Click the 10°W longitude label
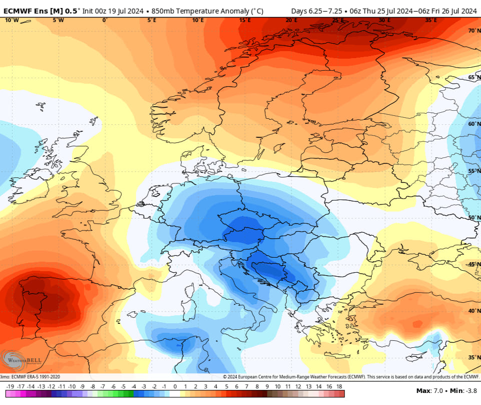tap(12, 20)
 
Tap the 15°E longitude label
tap(245, 20)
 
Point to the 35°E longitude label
tap(431, 20)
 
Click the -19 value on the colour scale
tap(10, 386)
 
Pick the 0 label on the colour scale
tap(175, 386)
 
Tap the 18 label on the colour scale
tap(339, 386)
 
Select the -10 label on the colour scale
tap(72, 386)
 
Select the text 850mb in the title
tap(164, 11)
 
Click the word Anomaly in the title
tap(224, 11)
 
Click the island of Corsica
tap(190, 291)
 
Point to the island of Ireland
tap(30, 185)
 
